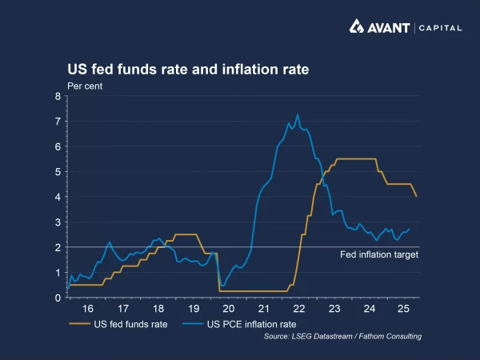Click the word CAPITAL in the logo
tap(439, 28)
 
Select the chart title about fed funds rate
tap(187, 70)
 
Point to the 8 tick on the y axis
tap(58, 97)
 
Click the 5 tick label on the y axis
tap(58, 172)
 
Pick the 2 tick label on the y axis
tap(58, 247)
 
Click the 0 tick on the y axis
tap(58, 298)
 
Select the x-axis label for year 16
tap(88, 309)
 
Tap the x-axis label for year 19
tap(194, 309)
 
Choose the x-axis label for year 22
tap(299, 309)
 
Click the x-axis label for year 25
tap(404, 309)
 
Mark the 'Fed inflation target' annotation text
tap(380, 255)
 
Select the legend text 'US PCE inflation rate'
tap(250, 324)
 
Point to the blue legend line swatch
tap(193, 324)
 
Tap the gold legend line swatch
tap(79, 324)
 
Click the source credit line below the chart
tap(342, 337)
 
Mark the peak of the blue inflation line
tap(298, 114)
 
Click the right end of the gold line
tap(416, 196)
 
